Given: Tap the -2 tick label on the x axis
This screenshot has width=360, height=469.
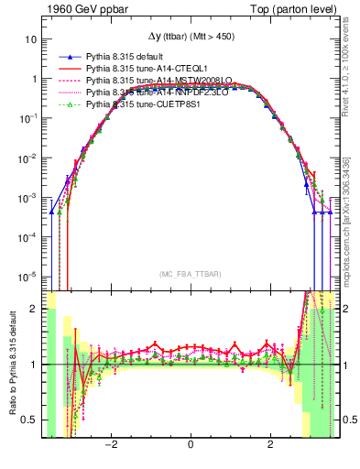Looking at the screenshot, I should (112, 445).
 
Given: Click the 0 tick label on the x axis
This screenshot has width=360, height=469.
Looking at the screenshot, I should (191, 445).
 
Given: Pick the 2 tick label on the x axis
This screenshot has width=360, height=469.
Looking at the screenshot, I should (269, 445).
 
